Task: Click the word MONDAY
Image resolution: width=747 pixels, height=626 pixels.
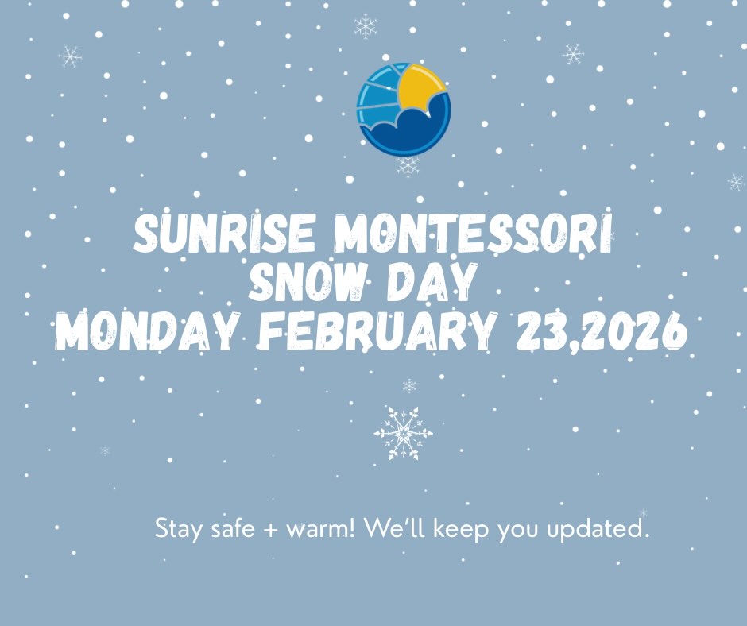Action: [146, 331]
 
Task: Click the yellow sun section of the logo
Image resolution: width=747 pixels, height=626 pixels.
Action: [420, 86]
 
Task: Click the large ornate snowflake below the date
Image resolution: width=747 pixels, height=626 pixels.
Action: [404, 433]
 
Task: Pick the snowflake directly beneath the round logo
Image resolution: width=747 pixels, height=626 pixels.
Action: [408, 166]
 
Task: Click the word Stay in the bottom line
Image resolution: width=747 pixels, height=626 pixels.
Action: [178, 529]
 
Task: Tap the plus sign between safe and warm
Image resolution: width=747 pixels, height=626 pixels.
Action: [269, 530]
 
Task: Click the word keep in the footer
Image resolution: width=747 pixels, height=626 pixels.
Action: [461, 529]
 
